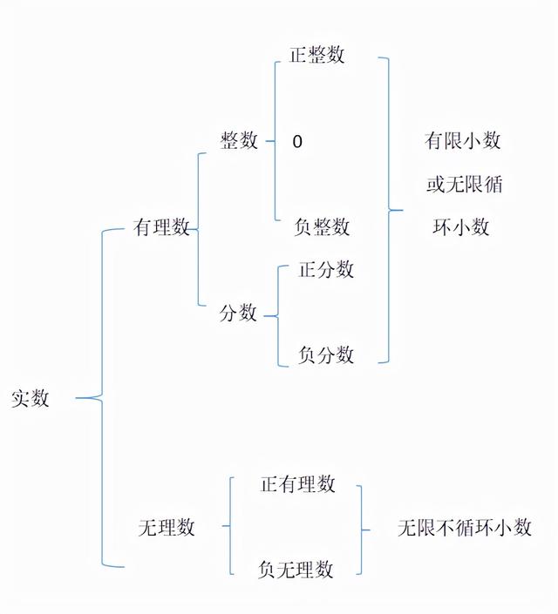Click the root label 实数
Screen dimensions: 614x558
coord(31,399)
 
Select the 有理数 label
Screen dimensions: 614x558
coord(161,228)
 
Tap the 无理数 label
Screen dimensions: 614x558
coord(167,527)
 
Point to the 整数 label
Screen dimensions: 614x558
coord(239,141)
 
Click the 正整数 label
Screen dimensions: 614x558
coord(317,54)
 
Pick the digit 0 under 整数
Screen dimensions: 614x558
coord(297,142)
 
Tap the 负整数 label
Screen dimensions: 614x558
coord(323,227)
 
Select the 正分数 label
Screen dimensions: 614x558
coord(326,270)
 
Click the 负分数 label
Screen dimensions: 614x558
coord(326,354)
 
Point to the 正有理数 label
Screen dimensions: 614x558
coord(297,484)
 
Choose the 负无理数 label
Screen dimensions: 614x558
coord(296,570)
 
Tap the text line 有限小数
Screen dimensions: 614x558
coord(463,141)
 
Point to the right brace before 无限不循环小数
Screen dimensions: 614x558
coord(361,527)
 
